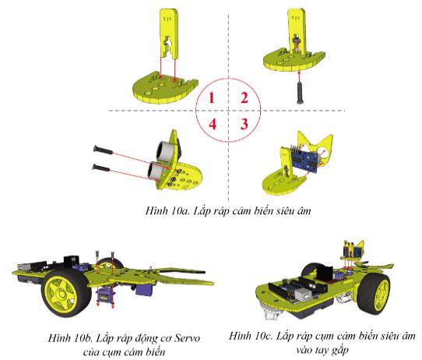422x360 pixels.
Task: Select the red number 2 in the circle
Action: point(243,99)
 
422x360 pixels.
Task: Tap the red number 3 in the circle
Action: point(243,124)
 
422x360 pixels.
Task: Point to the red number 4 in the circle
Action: point(211,124)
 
